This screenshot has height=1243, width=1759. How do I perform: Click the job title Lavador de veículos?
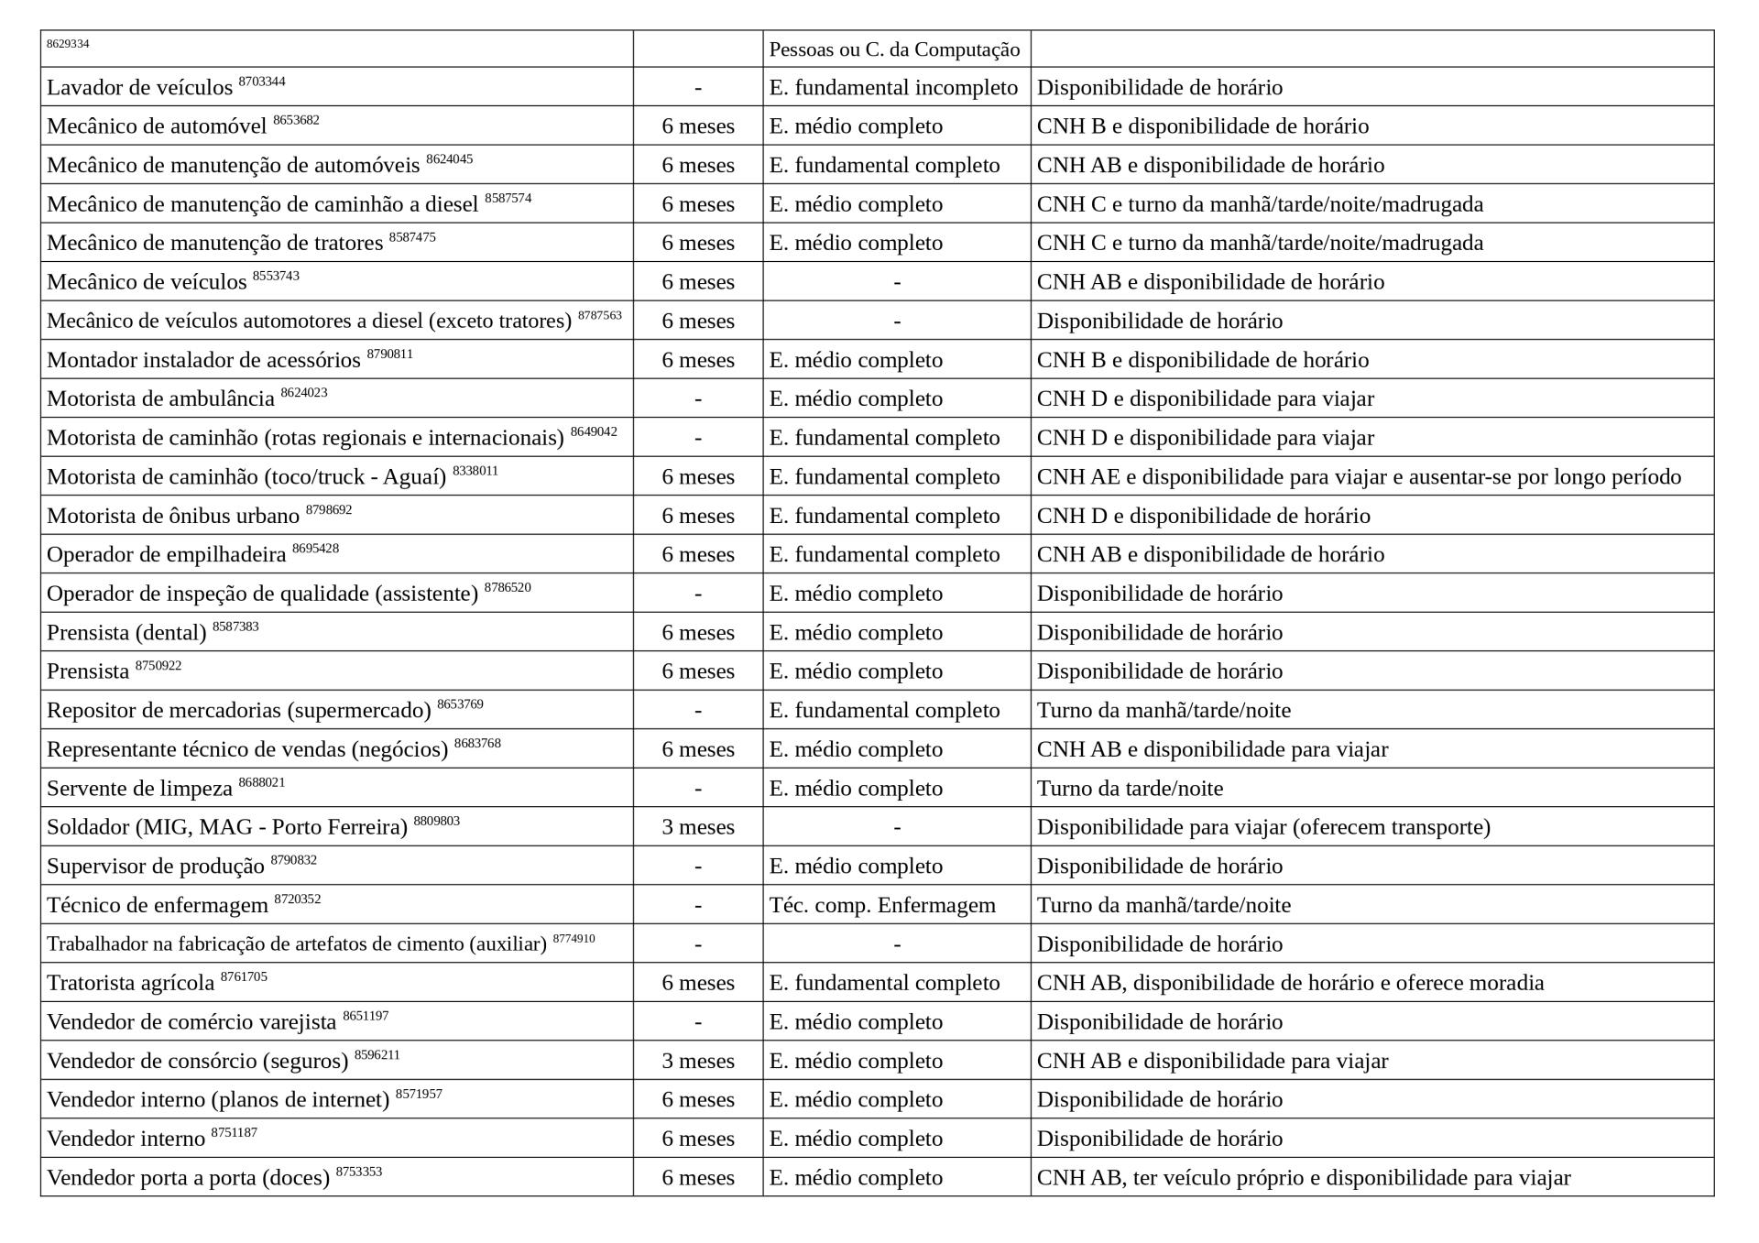[139, 88]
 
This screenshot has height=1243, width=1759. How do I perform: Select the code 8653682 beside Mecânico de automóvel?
[296, 120]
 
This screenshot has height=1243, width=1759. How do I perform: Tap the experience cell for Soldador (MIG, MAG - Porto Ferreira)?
[697, 827]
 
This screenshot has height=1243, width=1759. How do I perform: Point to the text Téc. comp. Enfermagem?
[881, 905]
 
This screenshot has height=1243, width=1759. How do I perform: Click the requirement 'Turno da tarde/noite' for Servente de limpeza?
[1129, 789]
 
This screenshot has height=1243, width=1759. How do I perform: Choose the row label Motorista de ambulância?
[160, 399]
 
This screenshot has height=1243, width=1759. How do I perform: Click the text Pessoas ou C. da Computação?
[893, 49]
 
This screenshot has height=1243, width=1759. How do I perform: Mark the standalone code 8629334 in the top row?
[68, 44]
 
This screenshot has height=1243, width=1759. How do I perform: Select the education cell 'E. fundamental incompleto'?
[892, 88]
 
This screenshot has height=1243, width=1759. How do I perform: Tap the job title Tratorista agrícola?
[130, 984]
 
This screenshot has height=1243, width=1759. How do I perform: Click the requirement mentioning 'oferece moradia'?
[1289, 983]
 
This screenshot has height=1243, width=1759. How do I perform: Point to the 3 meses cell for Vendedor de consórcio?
[697, 1061]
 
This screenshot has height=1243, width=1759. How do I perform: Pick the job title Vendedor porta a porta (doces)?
[188, 1178]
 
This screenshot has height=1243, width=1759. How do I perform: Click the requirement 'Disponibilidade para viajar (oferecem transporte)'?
[1262, 827]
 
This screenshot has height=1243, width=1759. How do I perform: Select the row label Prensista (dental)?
[126, 633]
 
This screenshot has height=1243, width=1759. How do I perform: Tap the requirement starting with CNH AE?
[1358, 477]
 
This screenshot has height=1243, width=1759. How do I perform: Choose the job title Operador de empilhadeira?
[166, 555]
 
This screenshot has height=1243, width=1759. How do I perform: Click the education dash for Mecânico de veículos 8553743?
[896, 282]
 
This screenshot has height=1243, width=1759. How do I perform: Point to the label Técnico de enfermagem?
[157, 906]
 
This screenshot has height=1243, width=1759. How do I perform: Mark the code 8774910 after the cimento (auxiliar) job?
[574, 938]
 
